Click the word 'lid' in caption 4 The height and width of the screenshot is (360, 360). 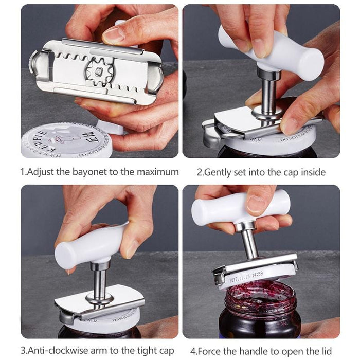coord(326,351)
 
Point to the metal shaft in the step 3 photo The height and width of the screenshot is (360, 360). coord(99,282)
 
